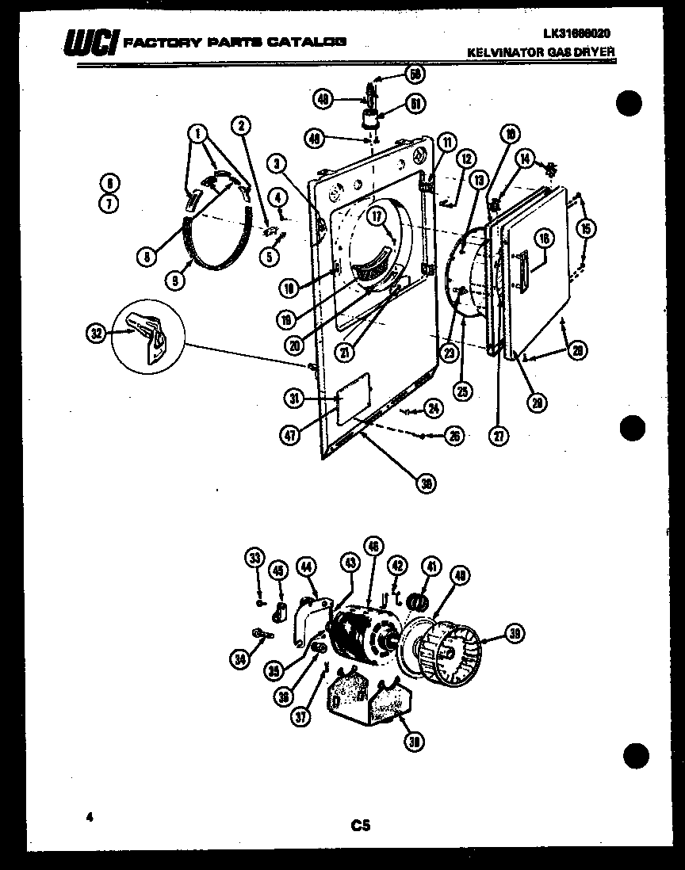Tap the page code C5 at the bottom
361,826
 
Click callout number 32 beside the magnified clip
95,334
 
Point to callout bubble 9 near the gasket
177,280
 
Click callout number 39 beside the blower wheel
515,632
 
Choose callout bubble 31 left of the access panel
294,400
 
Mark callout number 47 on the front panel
294,433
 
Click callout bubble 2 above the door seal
241,124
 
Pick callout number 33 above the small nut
254,559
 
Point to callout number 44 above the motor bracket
306,566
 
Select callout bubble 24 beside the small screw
433,408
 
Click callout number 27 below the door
499,434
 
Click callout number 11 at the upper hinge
446,143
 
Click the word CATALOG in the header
305,41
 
